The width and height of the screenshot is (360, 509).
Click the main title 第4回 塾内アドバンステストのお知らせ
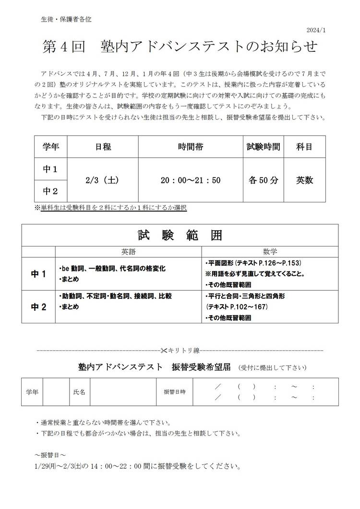(180, 47)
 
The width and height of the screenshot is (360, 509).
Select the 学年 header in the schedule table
(51, 147)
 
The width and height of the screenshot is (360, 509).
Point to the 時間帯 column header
(191, 147)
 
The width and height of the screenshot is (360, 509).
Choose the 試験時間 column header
(263, 147)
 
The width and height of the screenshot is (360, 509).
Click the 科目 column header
(304, 147)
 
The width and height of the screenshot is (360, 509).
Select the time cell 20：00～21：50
(191, 180)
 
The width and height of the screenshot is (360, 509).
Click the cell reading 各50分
(263, 180)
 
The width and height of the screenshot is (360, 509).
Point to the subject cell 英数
(304, 180)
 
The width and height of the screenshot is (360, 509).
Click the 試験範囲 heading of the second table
(180, 236)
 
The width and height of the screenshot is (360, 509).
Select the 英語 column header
(129, 251)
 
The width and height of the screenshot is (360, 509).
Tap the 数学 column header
(270, 251)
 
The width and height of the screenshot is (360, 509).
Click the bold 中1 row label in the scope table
(38, 274)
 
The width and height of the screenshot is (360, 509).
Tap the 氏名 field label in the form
(79, 392)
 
